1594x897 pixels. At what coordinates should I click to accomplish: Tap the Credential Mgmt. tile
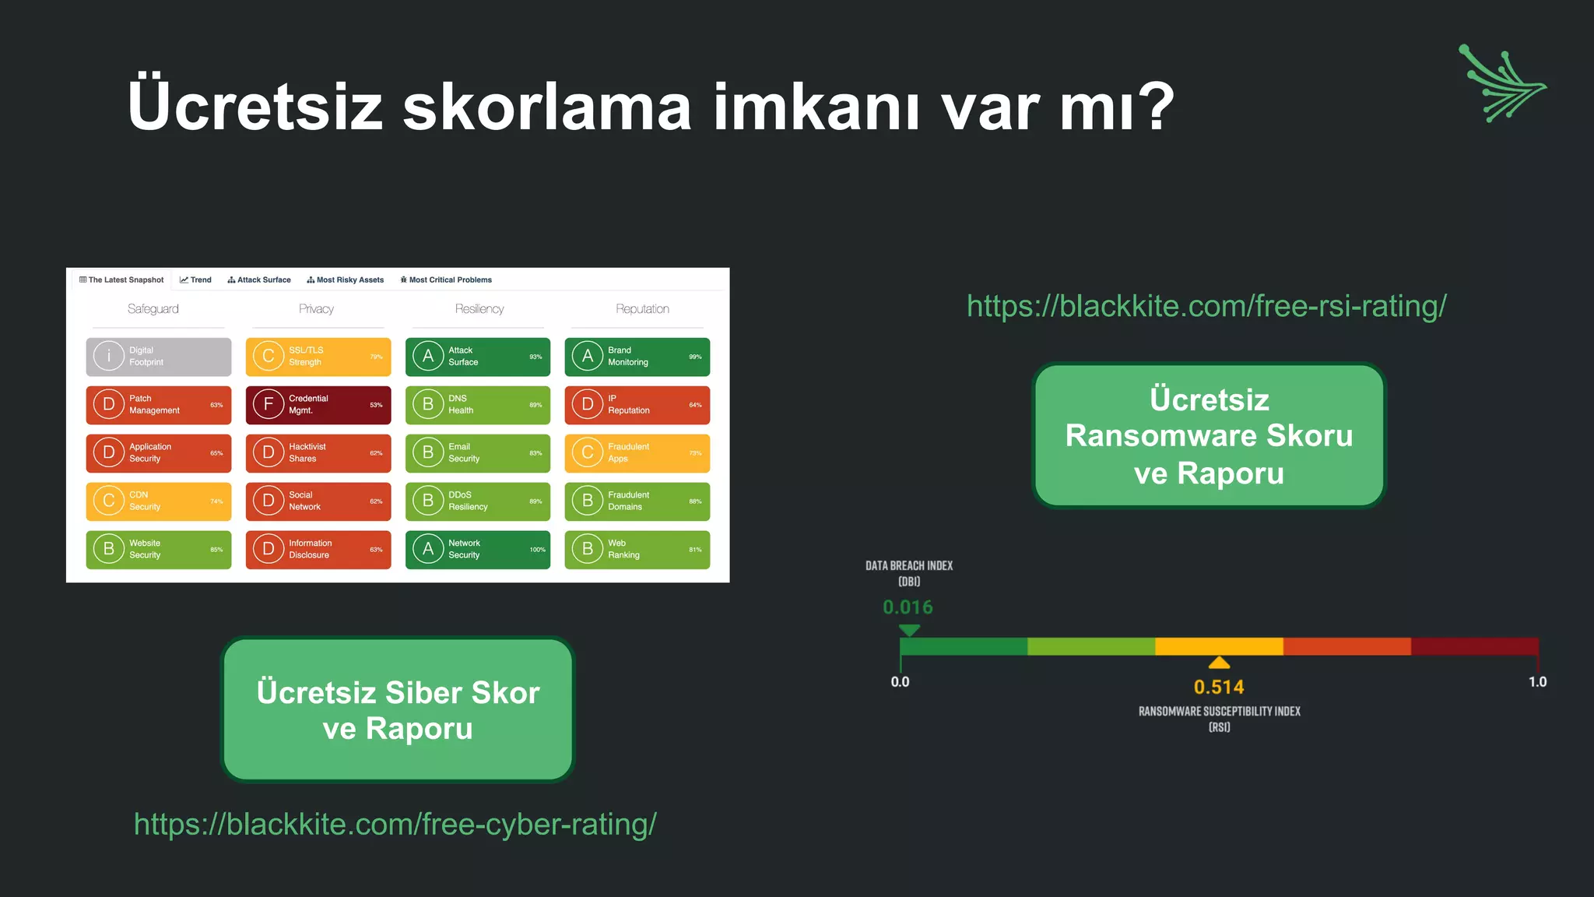pyautogui.click(x=318, y=405)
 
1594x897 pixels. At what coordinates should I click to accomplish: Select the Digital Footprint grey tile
pyautogui.click(x=158, y=357)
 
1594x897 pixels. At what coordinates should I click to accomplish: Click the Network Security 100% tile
pyautogui.click(x=477, y=550)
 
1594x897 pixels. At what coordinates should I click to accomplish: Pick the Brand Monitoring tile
pyautogui.click(x=637, y=357)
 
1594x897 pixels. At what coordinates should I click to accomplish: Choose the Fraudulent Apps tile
pyautogui.click(x=637, y=453)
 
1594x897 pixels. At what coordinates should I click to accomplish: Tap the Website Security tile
pyautogui.click(x=158, y=550)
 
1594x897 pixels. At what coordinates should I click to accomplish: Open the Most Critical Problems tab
pyautogui.click(x=446, y=280)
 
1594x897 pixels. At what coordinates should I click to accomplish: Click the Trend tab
pyautogui.click(x=195, y=280)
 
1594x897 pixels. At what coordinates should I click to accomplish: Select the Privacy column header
pyautogui.click(x=316, y=309)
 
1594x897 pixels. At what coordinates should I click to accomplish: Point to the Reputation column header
pyautogui.click(x=642, y=309)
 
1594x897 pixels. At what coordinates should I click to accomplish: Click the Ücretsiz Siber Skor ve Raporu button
pyautogui.click(x=398, y=710)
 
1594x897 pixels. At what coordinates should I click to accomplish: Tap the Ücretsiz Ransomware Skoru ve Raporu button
pyautogui.click(x=1209, y=436)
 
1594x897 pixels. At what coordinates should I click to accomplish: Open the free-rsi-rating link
pyautogui.click(x=1206, y=306)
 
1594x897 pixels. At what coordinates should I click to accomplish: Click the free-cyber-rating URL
pyautogui.click(x=395, y=824)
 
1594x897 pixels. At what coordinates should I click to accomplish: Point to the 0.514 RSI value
pyautogui.click(x=1219, y=687)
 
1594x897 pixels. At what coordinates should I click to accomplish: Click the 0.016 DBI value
pyautogui.click(x=908, y=607)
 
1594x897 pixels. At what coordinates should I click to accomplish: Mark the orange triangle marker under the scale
pyautogui.click(x=1219, y=663)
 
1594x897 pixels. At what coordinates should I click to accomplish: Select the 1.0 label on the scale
pyautogui.click(x=1537, y=682)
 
